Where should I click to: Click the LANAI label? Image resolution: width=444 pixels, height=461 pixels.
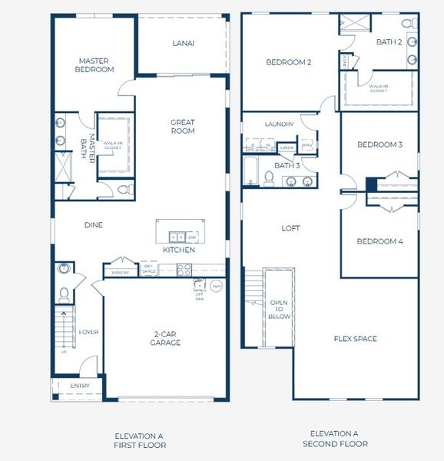[183, 44]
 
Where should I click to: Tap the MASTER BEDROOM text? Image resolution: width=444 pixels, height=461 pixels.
[95, 65]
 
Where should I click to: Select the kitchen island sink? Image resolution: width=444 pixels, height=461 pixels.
[177, 237]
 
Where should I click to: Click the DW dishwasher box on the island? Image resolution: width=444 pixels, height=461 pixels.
[192, 237]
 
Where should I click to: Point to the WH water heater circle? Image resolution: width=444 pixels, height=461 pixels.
[216, 287]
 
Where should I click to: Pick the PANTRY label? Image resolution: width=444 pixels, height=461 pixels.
[120, 272]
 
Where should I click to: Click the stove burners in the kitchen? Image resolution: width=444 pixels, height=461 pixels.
[184, 269]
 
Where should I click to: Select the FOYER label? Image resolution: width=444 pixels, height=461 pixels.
[88, 332]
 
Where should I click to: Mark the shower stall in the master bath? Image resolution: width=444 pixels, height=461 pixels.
[61, 166]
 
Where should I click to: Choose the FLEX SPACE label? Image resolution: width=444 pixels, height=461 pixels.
[355, 339]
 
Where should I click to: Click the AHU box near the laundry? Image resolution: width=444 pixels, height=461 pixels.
[306, 145]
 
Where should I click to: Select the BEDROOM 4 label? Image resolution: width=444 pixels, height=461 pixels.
[379, 241]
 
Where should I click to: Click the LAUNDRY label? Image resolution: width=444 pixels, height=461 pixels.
[279, 124]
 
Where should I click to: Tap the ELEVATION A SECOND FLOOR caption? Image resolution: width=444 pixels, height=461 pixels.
[334, 439]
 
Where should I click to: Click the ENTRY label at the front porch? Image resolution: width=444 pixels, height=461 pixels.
[79, 386]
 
